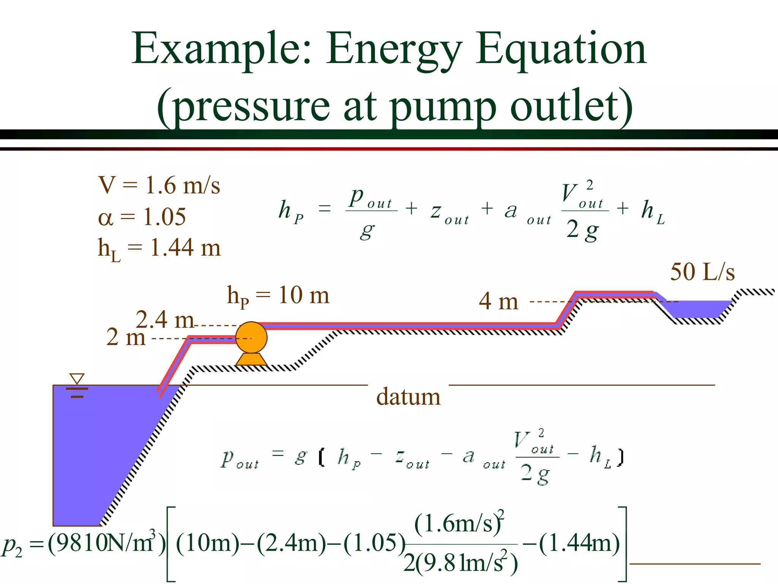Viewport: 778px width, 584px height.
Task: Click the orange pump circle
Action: [x=251, y=337]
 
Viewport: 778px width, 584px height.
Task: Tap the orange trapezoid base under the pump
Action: [x=251, y=359]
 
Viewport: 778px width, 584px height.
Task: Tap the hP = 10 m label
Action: [x=278, y=296]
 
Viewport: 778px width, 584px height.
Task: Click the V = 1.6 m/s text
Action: [x=159, y=185]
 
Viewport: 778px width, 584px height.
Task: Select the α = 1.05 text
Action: [x=142, y=217]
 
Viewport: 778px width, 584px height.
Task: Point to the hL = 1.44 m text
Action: [x=159, y=248]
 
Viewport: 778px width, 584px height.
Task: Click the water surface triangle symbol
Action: [x=77, y=379]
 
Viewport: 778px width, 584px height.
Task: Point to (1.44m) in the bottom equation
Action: [x=579, y=543]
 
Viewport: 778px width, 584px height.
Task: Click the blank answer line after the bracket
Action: [x=695, y=564]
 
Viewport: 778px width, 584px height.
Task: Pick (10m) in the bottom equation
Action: [x=207, y=543]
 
